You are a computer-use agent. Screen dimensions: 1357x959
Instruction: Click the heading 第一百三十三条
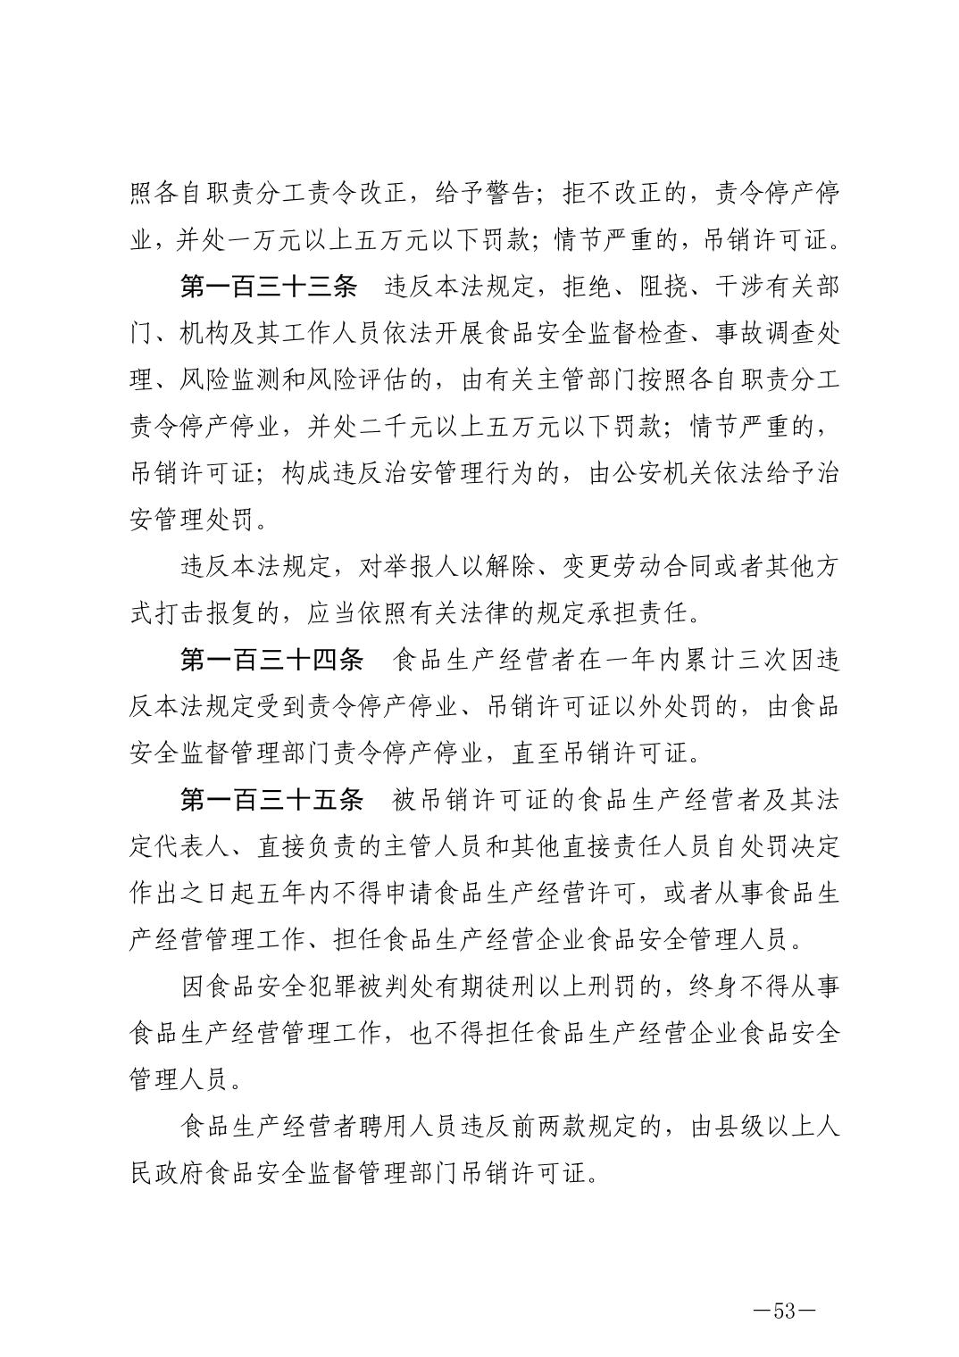269,287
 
